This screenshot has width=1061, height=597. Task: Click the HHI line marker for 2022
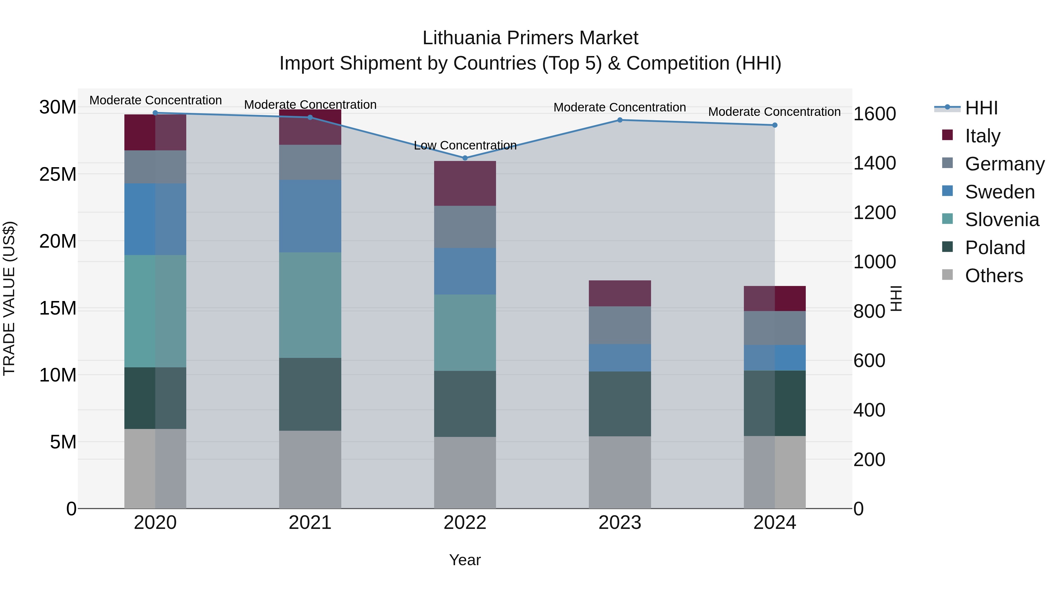[465, 158]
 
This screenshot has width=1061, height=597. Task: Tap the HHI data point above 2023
[620, 120]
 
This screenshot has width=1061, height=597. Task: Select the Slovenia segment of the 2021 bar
[310, 305]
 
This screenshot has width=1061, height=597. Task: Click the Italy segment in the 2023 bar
[620, 293]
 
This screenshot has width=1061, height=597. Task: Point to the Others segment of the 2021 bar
[310, 469]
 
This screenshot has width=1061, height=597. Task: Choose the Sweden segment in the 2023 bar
[620, 358]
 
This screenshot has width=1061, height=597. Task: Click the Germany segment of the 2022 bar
[465, 227]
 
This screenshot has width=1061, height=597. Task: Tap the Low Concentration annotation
[465, 145]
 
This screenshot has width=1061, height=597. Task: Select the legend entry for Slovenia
[1002, 220]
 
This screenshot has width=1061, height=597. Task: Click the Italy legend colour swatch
[947, 135]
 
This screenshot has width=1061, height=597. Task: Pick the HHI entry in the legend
[981, 108]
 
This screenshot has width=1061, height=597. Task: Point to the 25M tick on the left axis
[58, 174]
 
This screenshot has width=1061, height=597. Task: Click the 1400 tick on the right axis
[874, 163]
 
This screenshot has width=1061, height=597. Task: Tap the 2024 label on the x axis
[774, 523]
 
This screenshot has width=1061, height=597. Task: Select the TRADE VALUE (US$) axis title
[9, 298]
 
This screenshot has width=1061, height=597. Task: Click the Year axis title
[465, 560]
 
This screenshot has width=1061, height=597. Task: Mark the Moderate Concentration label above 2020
[155, 100]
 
